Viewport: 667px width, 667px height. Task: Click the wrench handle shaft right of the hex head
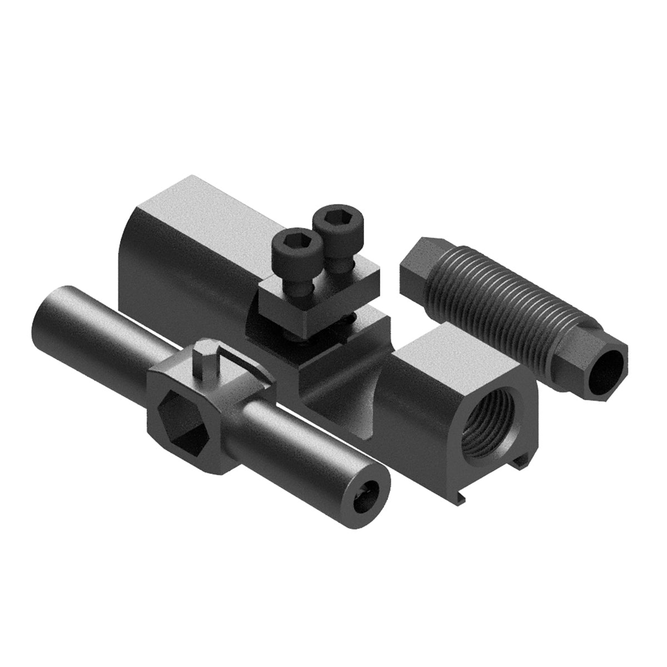[311, 450]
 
